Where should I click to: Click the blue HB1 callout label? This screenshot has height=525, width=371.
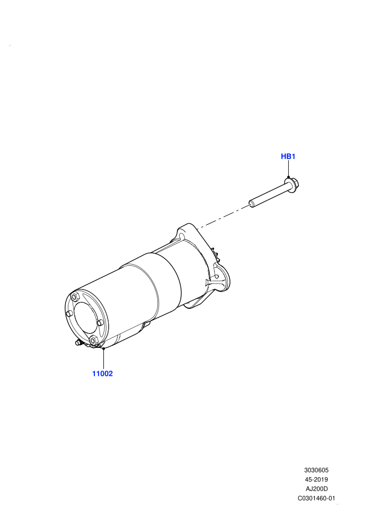point(288,156)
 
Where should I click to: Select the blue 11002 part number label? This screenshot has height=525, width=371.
point(103,374)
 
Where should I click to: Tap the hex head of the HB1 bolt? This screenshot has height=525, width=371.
point(291,184)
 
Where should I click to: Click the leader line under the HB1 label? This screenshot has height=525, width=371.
point(288,169)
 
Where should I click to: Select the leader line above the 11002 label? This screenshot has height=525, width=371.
point(104,358)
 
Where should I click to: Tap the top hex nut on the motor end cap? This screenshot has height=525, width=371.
point(75,296)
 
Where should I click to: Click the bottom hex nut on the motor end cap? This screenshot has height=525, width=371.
point(94,339)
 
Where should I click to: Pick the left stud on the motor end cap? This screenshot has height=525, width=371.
point(69,313)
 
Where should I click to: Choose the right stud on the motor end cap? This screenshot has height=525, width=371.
point(100,322)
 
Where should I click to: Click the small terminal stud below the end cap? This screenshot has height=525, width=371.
point(78,343)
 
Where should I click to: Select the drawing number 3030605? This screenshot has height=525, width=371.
point(316,470)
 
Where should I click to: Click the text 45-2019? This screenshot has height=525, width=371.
point(316,479)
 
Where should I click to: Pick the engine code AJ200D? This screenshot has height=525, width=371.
point(316,489)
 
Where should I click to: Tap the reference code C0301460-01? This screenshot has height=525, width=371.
point(316,498)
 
